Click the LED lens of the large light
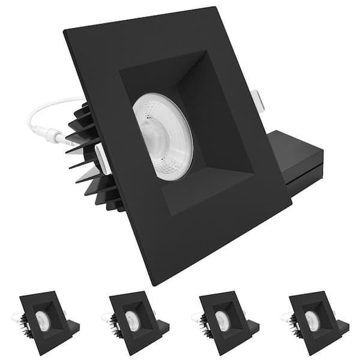[x=163, y=136]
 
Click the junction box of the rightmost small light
[x=343, y=327]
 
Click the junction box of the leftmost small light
[x=73, y=327]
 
